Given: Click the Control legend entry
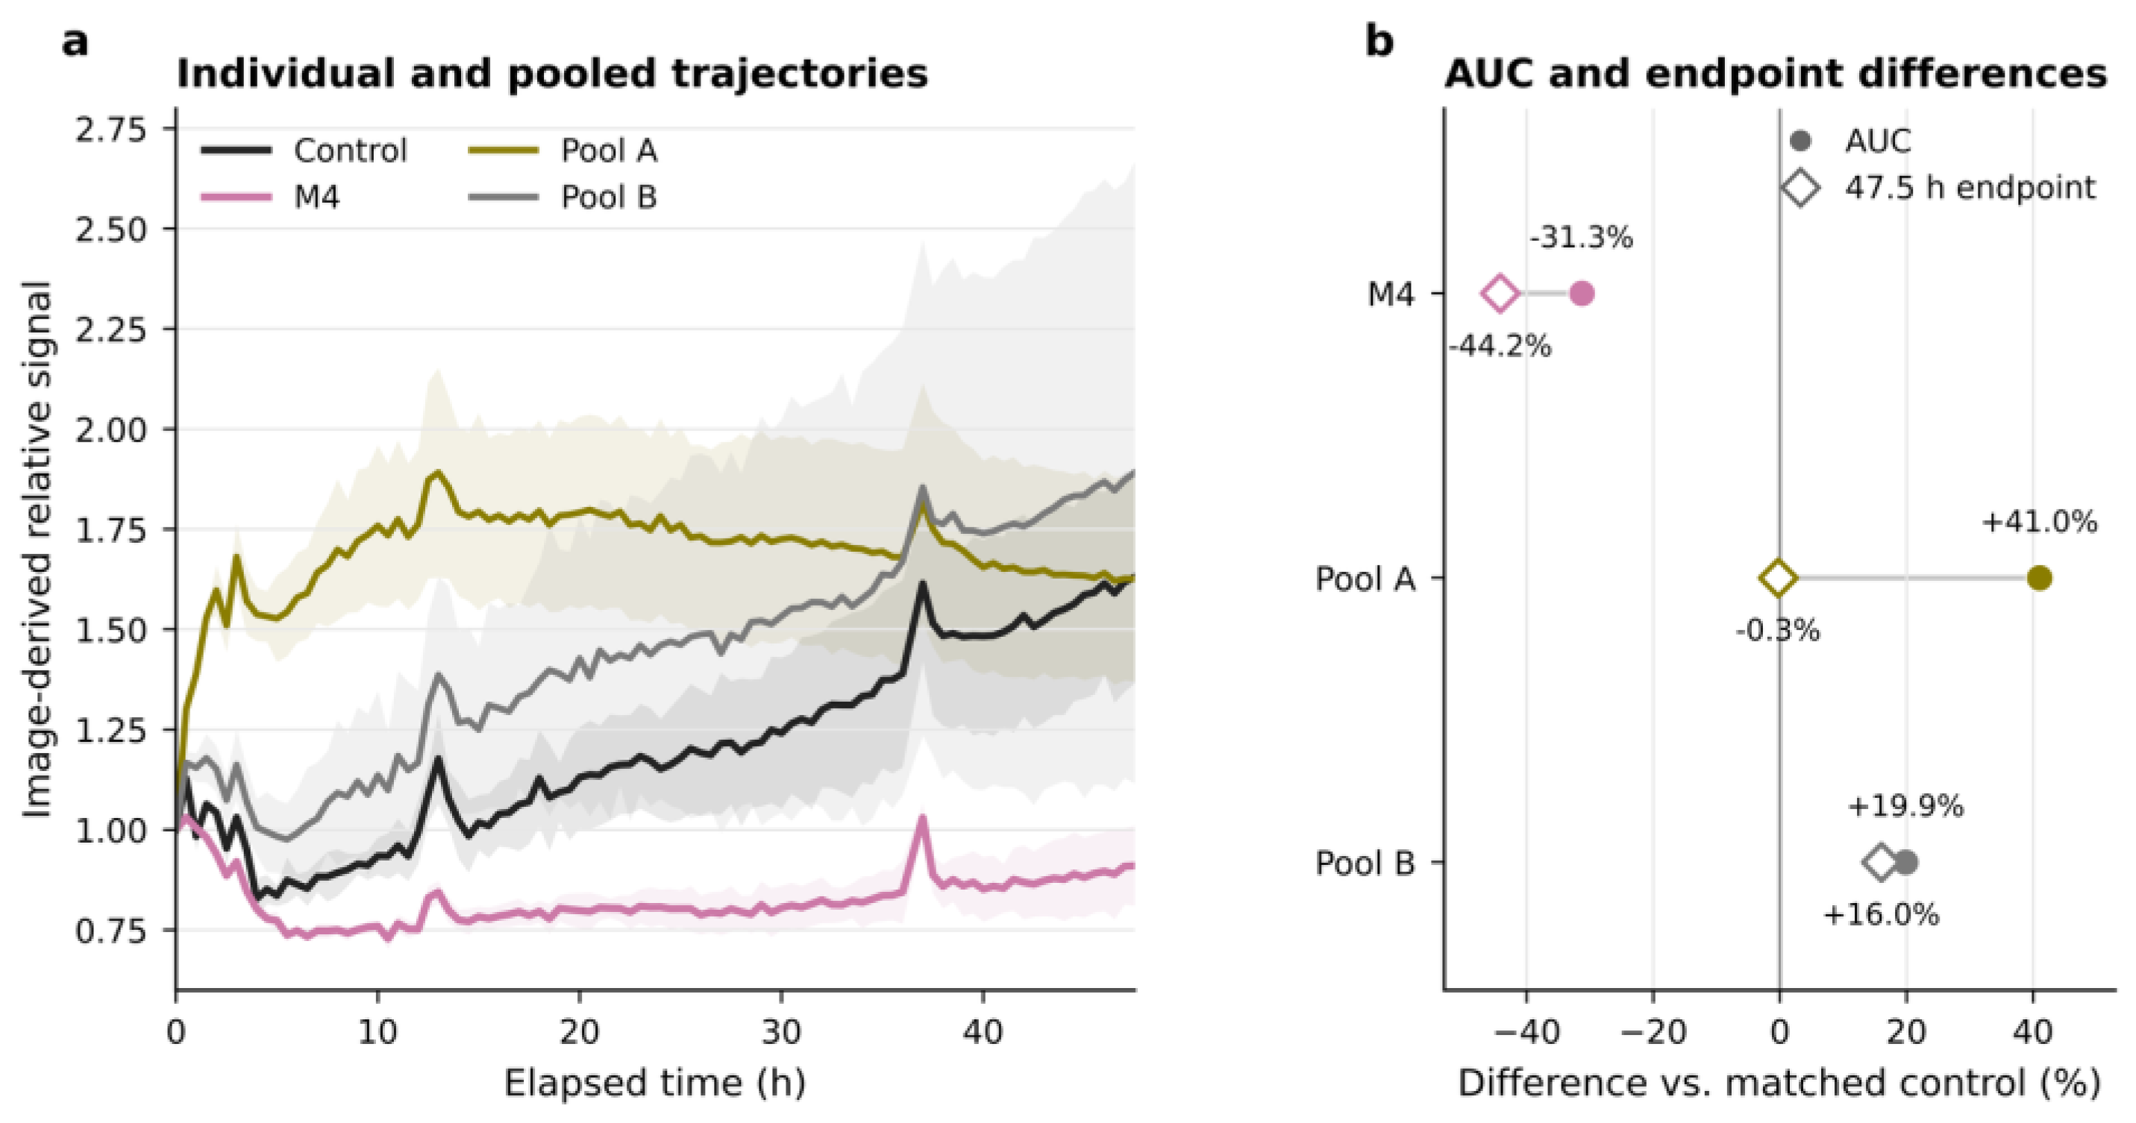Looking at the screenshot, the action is pos(304,151).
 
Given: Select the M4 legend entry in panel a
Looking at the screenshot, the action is pos(270,198).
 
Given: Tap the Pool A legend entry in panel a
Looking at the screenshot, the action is pos(563,151).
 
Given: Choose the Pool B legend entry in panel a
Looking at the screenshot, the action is pos(563,198).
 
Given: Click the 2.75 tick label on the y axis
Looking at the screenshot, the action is pos(111,130).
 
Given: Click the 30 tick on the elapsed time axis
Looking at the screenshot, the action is pos(781,1032).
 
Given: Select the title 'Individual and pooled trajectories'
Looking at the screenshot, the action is pos(552,74).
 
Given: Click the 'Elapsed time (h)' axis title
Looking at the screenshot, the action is pos(655,1083).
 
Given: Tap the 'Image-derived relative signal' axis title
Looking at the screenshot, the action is pos(37,550).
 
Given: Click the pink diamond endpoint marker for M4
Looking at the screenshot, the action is pos(1499,293).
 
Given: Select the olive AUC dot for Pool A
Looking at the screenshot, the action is pos(2039,579).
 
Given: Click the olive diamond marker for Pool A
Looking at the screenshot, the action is pos(1778,579).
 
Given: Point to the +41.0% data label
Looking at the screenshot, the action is pos(2039,522).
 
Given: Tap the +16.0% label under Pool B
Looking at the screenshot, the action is pos(1882,915).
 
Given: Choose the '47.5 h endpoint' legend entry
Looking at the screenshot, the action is pos(1938,188).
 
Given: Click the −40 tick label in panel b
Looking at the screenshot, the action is pos(1526,1032).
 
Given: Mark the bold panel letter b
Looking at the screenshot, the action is pos(1379,42).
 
